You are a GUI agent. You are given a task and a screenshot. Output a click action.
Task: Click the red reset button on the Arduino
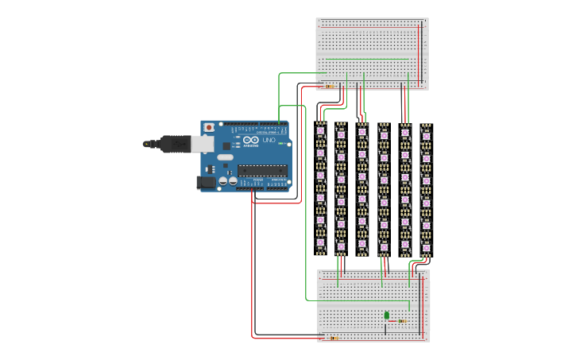click(x=209, y=127)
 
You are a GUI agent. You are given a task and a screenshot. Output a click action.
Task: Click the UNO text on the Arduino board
click(x=269, y=141)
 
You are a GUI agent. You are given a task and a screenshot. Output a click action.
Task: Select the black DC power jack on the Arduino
click(x=205, y=182)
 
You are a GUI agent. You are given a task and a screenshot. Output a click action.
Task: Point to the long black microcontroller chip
click(x=262, y=169)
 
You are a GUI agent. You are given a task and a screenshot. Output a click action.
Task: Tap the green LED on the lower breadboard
click(x=387, y=315)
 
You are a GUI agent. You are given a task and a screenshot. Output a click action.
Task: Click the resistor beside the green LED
click(x=402, y=321)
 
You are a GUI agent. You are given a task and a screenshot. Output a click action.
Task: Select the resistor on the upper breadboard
click(x=330, y=87)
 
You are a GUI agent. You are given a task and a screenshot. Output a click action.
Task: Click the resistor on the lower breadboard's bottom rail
click(x=333, y=339)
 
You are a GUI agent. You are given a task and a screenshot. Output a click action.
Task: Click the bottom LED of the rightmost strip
click(x=426, y=247)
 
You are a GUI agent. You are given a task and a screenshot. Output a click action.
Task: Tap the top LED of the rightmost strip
click(x=426, y=136)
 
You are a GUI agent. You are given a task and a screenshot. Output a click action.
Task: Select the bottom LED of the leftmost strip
click(x=321, y=242)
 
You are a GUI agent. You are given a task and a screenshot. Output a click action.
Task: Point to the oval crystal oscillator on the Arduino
click(x=225, y=157)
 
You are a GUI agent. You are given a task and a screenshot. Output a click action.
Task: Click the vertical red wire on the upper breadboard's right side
click(x=419, y=56)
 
